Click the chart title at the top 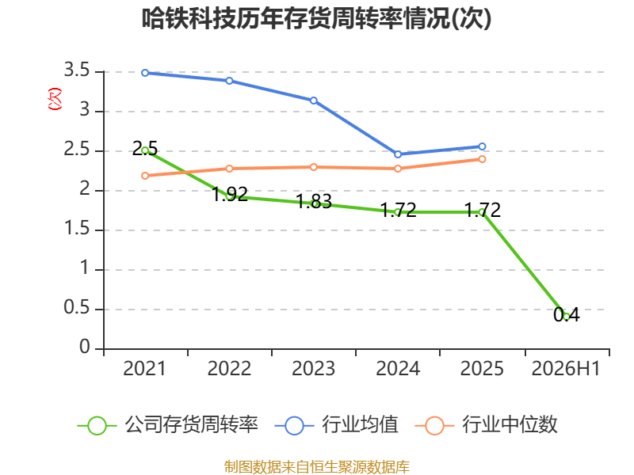tap(316, 18)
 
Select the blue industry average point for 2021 tap(145, 73)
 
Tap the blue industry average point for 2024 tap(398, 154)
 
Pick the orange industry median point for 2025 tap(482, 159)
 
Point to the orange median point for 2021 tap(145, 176)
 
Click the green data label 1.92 tap(230, 194)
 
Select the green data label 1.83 tap(314, 201)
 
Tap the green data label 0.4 tap(567, 314)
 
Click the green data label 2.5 tap(145, 149)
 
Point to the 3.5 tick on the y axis tap(76, 70)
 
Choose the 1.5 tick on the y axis tap(76, 229)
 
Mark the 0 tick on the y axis tap(85, 348)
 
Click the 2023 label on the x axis tap(313, 369)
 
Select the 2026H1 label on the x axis tap(566, 369)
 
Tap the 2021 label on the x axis tap(144, 369)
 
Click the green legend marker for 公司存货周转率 tap(97, 426)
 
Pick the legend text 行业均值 tap(360, 425)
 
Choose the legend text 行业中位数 tap(510, 425)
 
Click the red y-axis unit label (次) tap(55, 99)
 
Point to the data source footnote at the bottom tap(317, 466)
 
